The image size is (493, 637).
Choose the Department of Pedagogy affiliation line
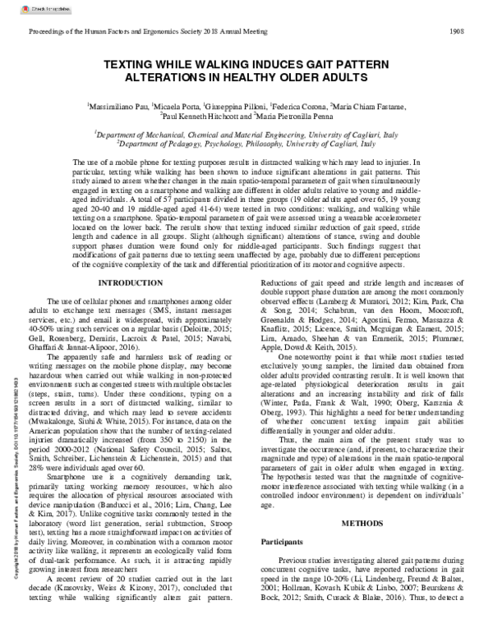246,143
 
